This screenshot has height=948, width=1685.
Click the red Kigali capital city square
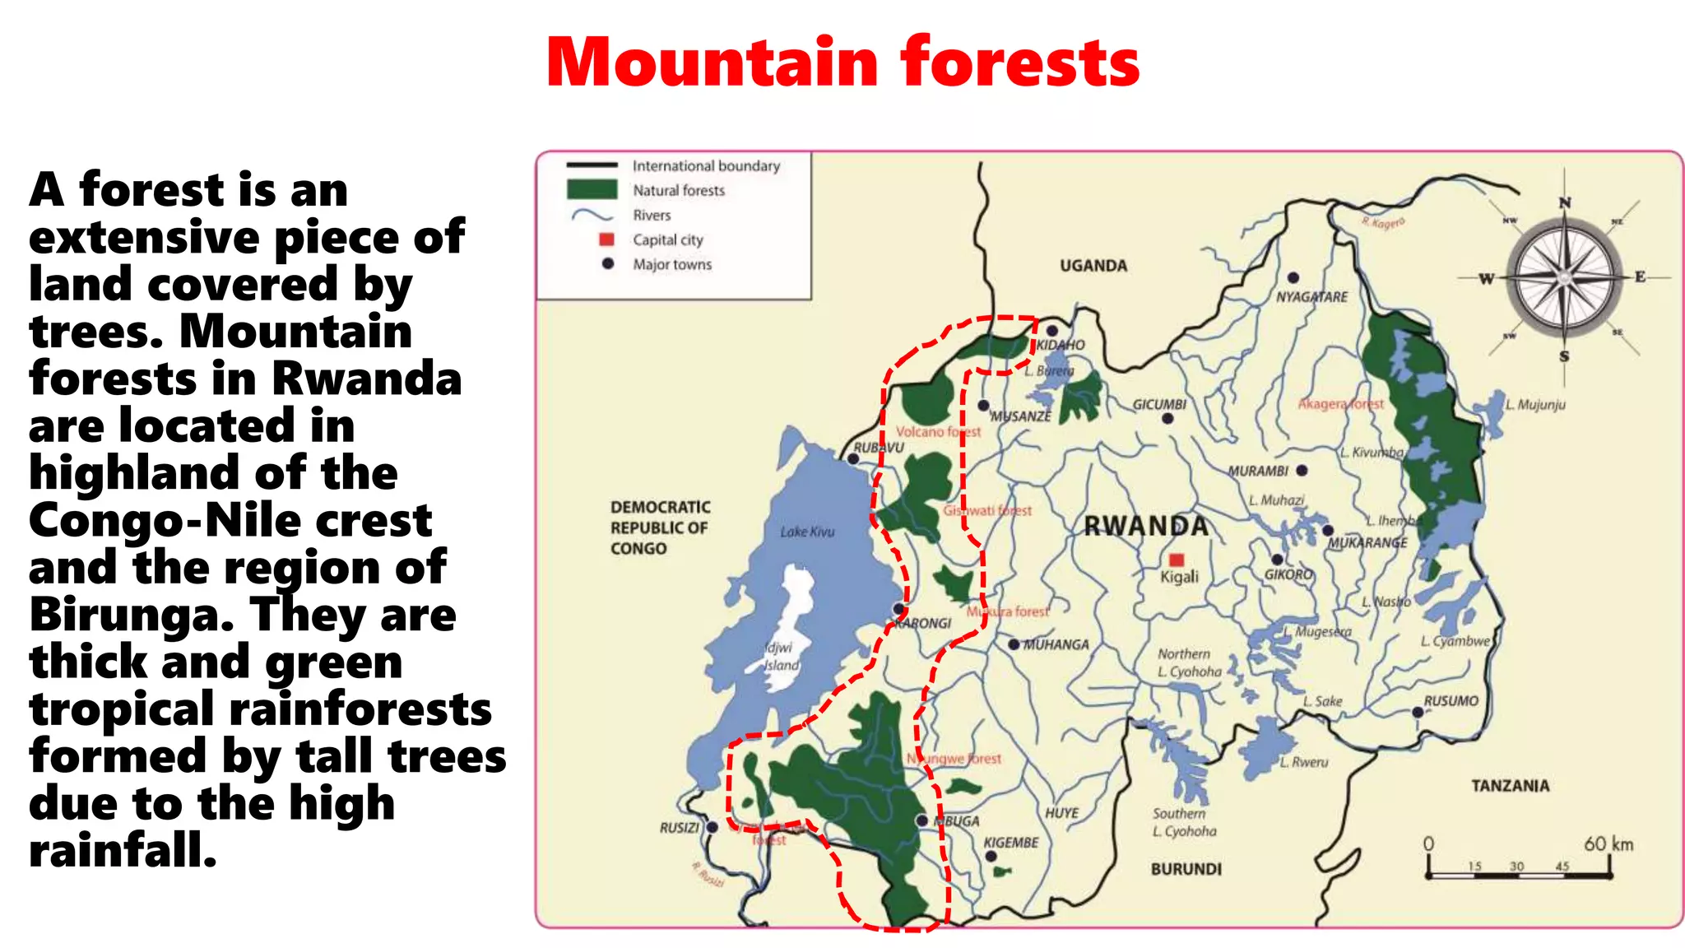(1177, 560)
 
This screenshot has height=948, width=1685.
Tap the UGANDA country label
(1093, 266)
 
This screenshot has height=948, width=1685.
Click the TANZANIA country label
(1510, 786)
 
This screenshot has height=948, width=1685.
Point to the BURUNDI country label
(1186, 869)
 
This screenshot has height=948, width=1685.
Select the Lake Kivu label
(807, 532)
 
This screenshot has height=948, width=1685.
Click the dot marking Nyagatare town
(1293, 278)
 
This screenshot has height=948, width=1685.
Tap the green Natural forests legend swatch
(592, 190)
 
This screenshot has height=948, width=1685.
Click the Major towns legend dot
(608, 264)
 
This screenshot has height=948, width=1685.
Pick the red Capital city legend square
(607, 239)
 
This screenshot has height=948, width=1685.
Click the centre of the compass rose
(1564, 278)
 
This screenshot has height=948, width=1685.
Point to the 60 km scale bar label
(1608, 844)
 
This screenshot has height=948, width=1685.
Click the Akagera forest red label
(1340, 404)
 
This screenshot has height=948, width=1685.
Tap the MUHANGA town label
(1056, 645)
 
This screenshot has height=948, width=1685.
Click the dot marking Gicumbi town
(1167, 419)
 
